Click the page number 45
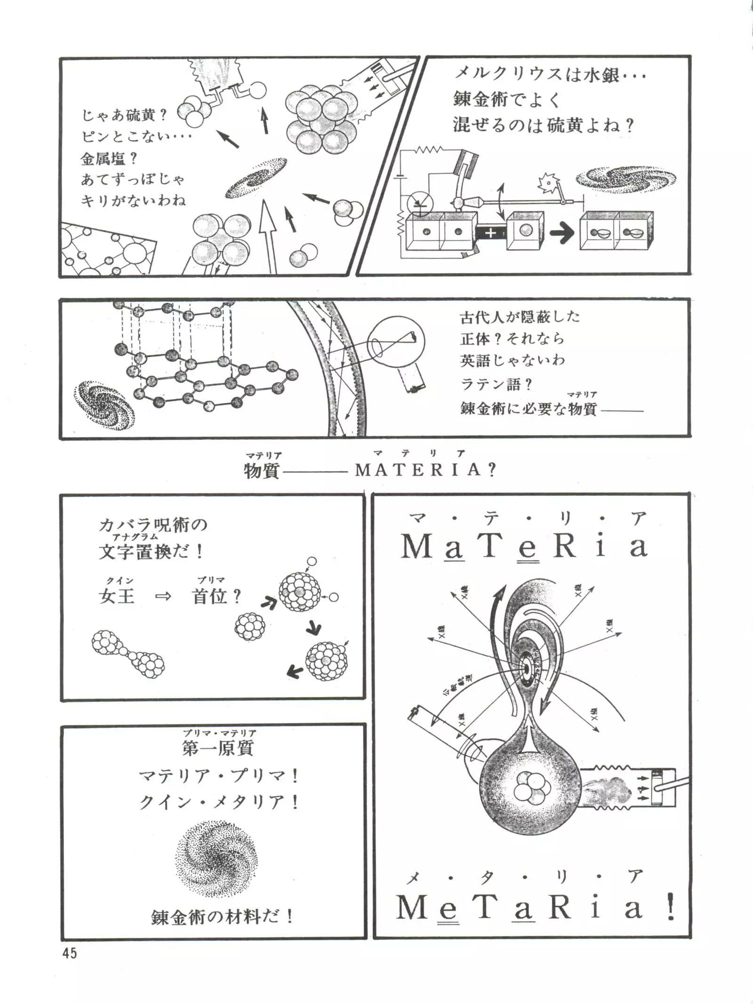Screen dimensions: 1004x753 [69, 954]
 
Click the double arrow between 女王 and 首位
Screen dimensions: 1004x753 [163, 597]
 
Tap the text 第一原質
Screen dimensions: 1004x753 [218, 748]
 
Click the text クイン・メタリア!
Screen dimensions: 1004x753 [219, 802]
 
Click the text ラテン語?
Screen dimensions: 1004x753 [496, 384]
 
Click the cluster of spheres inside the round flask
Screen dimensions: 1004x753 [529, 789]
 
